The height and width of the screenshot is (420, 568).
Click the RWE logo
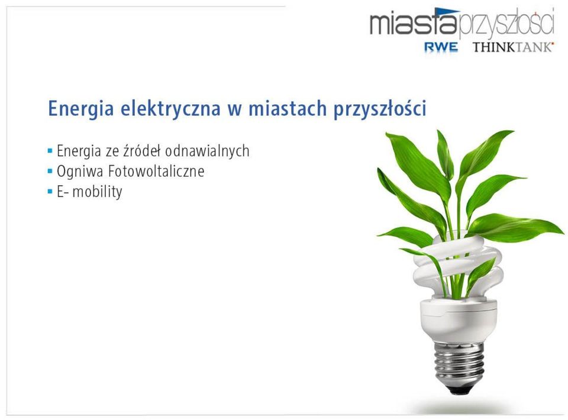(x=441, y=47)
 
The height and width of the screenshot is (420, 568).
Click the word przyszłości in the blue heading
(x=380, y=109)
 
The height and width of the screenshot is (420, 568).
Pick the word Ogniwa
(x=80, y=172)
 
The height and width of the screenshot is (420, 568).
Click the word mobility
(x=97, y=192)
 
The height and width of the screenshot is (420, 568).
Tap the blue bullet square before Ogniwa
(x=50, y=170)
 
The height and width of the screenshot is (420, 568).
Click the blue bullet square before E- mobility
(x=50, y=191)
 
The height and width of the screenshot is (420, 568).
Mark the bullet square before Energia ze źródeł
(x=50, y=150)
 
